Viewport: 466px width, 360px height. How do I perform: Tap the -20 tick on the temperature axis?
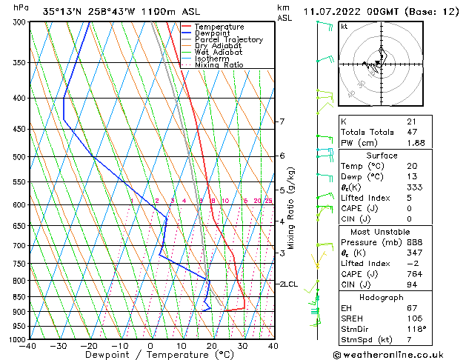point(89,345)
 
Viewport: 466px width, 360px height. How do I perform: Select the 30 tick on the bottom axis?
point(242,345)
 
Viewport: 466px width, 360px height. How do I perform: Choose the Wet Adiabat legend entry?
point(219,52)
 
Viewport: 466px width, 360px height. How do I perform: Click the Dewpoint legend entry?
point(213,33)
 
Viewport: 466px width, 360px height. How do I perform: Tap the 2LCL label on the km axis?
point(288,284)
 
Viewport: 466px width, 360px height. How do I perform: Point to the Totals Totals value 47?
point(411,131)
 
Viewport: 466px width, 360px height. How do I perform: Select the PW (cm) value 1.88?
point(413,143)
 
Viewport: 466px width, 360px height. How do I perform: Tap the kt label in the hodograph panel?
point(344,26)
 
